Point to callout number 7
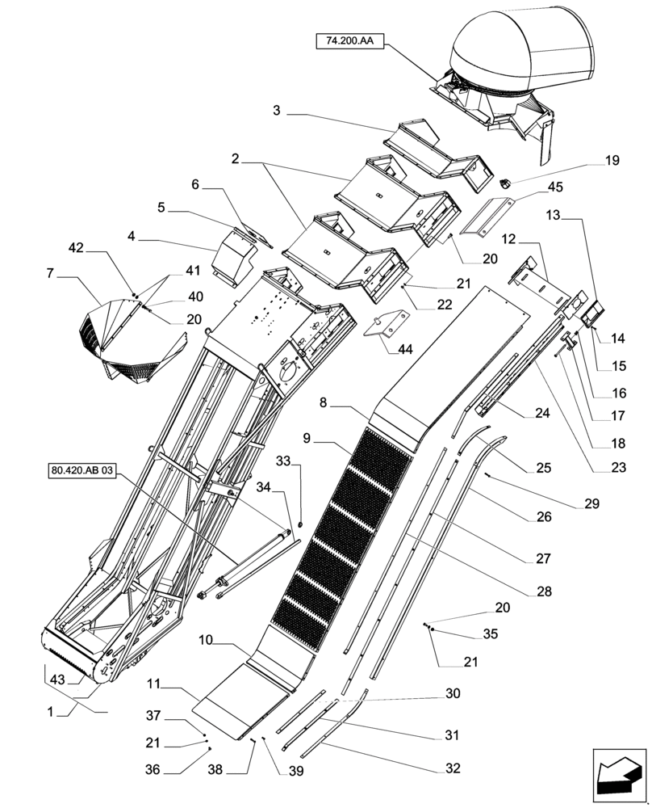[51, 274]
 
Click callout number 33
[283, 461]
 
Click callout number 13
[552, 217]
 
